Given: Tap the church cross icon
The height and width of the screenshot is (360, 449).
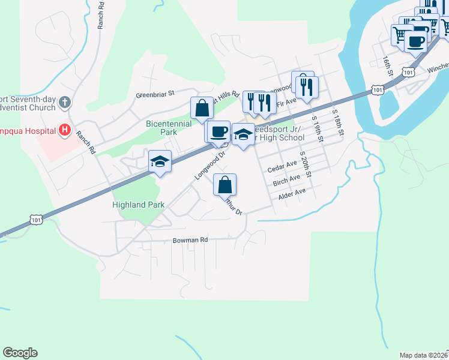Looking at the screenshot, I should pyautogui.click(x=65, y=101).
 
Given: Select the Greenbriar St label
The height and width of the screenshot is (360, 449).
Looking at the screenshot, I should pyautogui.click(x=154, y=94).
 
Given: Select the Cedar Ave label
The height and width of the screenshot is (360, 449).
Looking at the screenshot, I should pyautogui.click(x=282, y=164).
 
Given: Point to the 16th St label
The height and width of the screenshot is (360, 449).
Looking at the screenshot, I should pyautogui.click(x=387, y=67).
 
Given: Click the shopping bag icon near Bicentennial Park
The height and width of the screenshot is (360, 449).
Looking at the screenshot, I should pyautogui.click(x=202, y=109).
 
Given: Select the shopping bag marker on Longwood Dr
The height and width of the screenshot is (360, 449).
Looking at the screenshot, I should pyautogui.click(x=224, y=185).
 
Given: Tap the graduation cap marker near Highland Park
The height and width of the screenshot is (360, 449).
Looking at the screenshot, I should pyautogui.click(x=160, y=161).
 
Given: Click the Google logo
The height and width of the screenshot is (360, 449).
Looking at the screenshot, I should pyautogui.click(x=20, y=353).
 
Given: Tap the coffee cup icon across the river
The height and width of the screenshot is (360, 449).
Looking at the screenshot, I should pyautogui.click(x=415, y=41).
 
